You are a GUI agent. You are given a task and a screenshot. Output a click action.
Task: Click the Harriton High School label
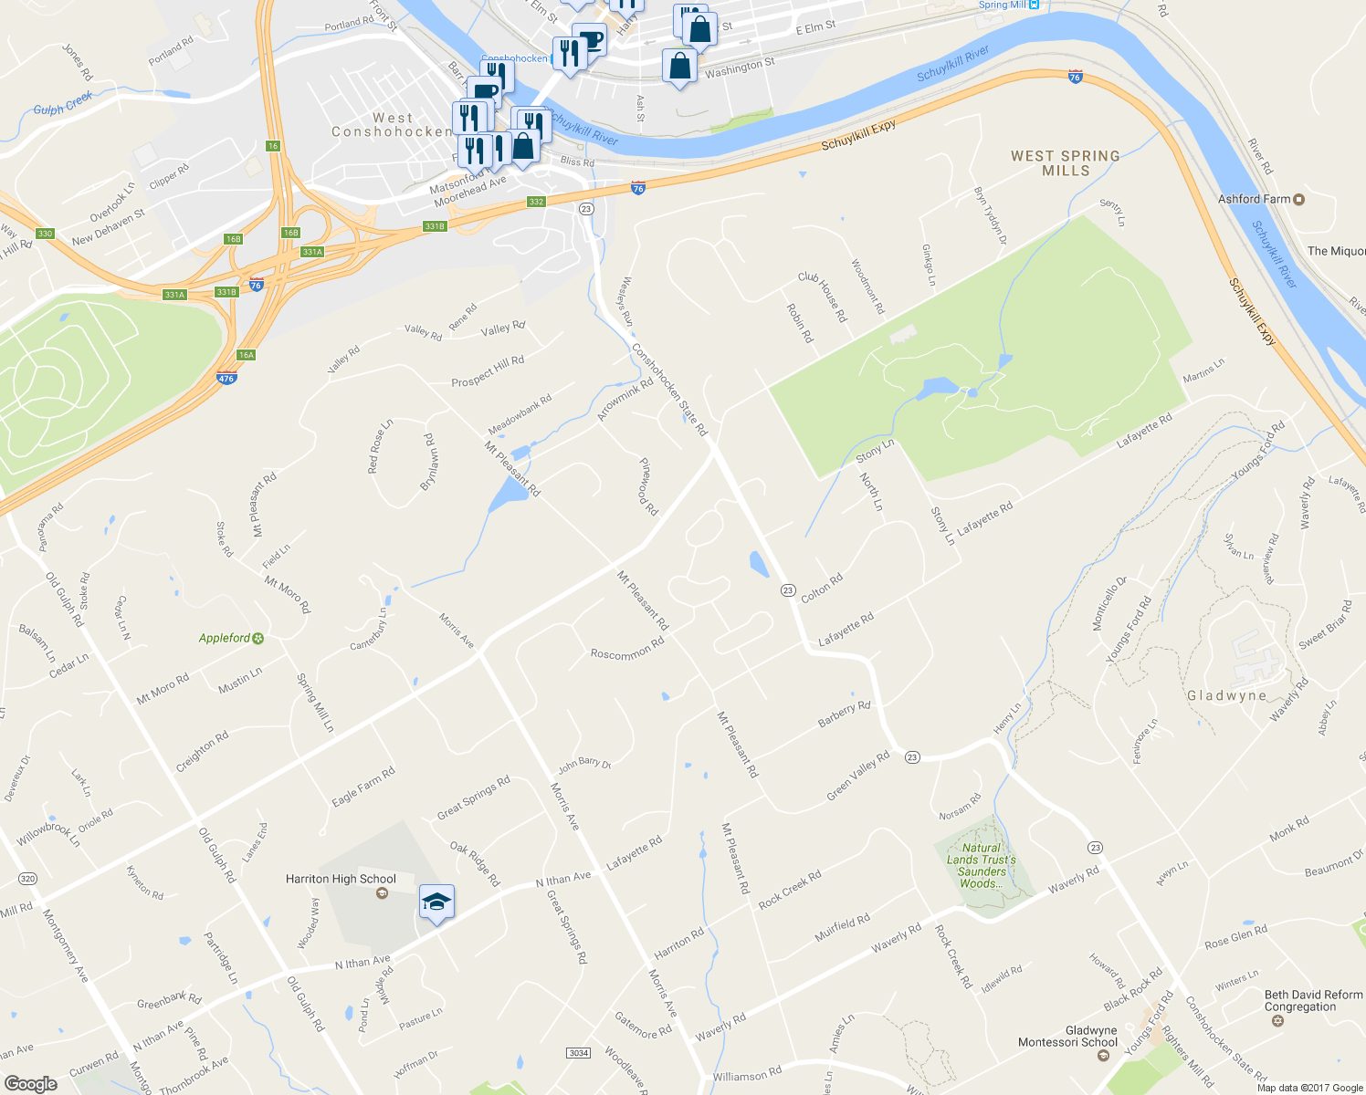pyautogui.click(x=341, y=880)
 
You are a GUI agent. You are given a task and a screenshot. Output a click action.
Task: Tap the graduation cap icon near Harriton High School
pyautogui.click(x=436, y=902)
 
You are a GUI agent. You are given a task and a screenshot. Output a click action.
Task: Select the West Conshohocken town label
pyautogui.click(x=393, y=125)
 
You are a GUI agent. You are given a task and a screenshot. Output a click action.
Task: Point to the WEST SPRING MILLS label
pyautogui.click(x=1066, y=163)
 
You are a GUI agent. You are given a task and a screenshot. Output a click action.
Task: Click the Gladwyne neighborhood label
pyautogui.click(x=1226, y=695)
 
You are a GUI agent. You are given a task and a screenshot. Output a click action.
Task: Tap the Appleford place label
pyautogui.click(x=225, y=638)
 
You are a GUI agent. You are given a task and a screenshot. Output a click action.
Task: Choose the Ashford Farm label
pyautogui.click(x=1255, y=199)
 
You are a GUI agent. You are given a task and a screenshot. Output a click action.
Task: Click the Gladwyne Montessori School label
pyautogui.click(x=1067, y=1037)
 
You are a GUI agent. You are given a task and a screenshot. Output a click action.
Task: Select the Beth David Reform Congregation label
pyautogui.click(x=1313, y=1001)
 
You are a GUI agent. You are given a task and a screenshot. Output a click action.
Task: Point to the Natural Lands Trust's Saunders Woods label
pyautogui.click(x=982, y=866)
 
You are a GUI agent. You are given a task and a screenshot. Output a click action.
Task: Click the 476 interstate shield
pyautogui.click(x=226, y=378)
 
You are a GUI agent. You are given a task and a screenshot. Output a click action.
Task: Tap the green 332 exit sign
pyautogui.click(x=536, y=202)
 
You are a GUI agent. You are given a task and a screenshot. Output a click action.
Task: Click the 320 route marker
pyautogui.click(x=27, y=879)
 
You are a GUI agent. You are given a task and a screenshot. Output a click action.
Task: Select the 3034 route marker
pyautogui.click(x=578, y=1053)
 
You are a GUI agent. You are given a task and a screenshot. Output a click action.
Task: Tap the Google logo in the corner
pyautogui.click(x=30, y=1083)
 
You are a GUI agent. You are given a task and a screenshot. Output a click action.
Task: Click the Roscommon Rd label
pyautogui.click(x=626, y=649)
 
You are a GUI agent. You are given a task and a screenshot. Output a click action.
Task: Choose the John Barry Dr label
pyautogui.click(x=584, y=764)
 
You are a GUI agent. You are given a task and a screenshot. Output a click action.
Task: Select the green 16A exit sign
pyautogui.click(x=246, y=355)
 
